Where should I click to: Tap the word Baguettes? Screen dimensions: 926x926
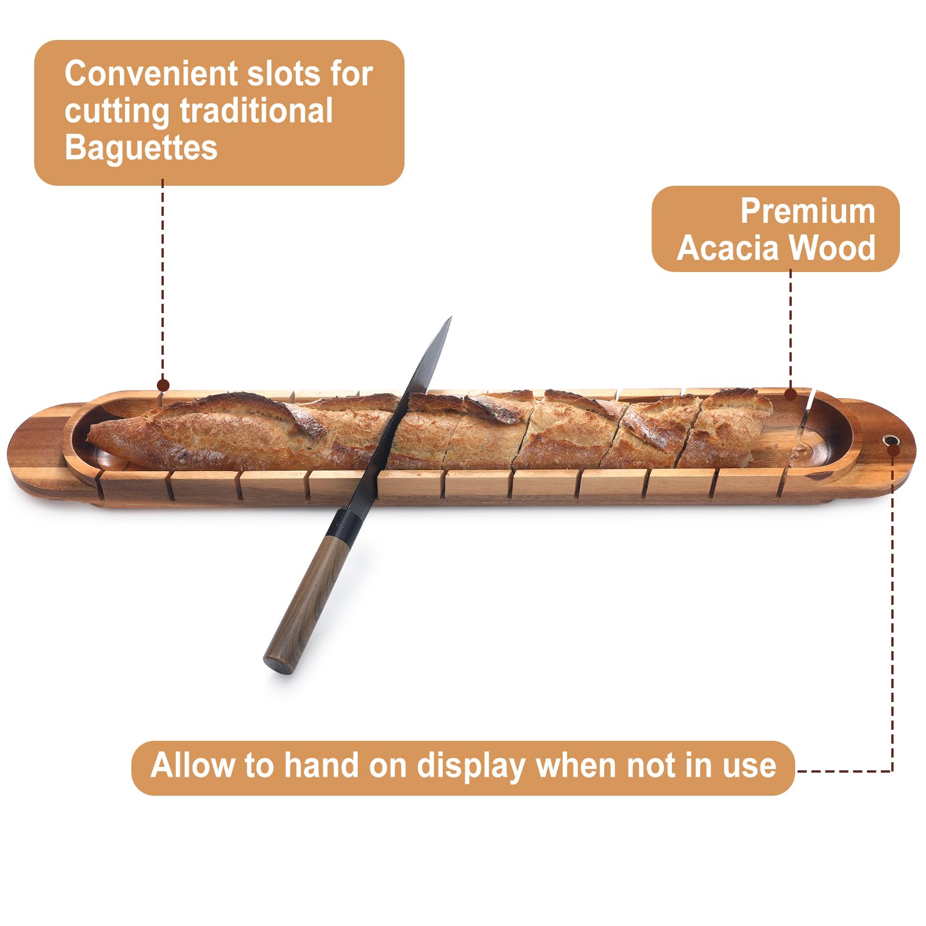141,148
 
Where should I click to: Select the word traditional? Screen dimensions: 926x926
256,111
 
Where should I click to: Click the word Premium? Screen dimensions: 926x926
807,211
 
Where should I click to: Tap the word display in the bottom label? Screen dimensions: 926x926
471,766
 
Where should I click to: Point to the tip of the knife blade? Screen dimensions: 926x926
449,319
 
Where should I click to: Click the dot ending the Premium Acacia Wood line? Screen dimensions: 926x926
791,395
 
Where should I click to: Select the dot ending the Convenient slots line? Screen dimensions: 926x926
163,385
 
